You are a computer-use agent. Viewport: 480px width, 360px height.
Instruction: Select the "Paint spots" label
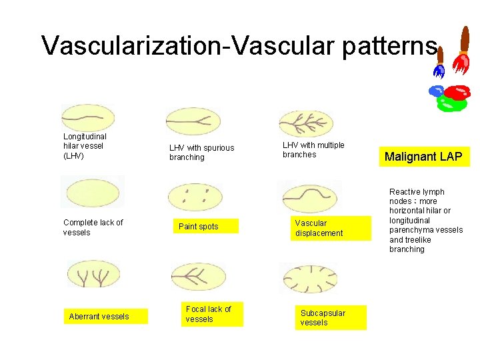pyautogui.click(x=198, y=227)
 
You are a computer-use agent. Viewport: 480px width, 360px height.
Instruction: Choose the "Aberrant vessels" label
pyautogui.click(x=99, y=316)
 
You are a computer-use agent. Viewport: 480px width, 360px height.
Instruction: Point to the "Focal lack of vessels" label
pyautogui.click(x=208, y=314)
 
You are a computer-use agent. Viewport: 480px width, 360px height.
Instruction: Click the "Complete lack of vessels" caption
pyautogui.click(x=93, y=227)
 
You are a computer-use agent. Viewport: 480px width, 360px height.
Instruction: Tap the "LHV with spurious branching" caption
pyautogui.click(x=201, y=153)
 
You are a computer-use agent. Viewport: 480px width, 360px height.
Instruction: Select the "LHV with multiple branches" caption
pyautogui.click(x=313, y=150)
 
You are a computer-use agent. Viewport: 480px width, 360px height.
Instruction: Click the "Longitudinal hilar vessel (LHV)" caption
pyautogui.click(x=85, y=146)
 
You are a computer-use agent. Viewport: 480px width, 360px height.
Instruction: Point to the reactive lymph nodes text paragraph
pyautogui.click(x=425, y=221)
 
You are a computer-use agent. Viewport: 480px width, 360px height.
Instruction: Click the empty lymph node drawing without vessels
pyautogui.click(x=92, y=192)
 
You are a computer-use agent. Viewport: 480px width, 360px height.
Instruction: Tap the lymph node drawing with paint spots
pyautogui.click(x=197, y=195)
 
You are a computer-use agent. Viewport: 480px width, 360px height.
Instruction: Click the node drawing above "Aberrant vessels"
pyautogui.click(x=93, y=276)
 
